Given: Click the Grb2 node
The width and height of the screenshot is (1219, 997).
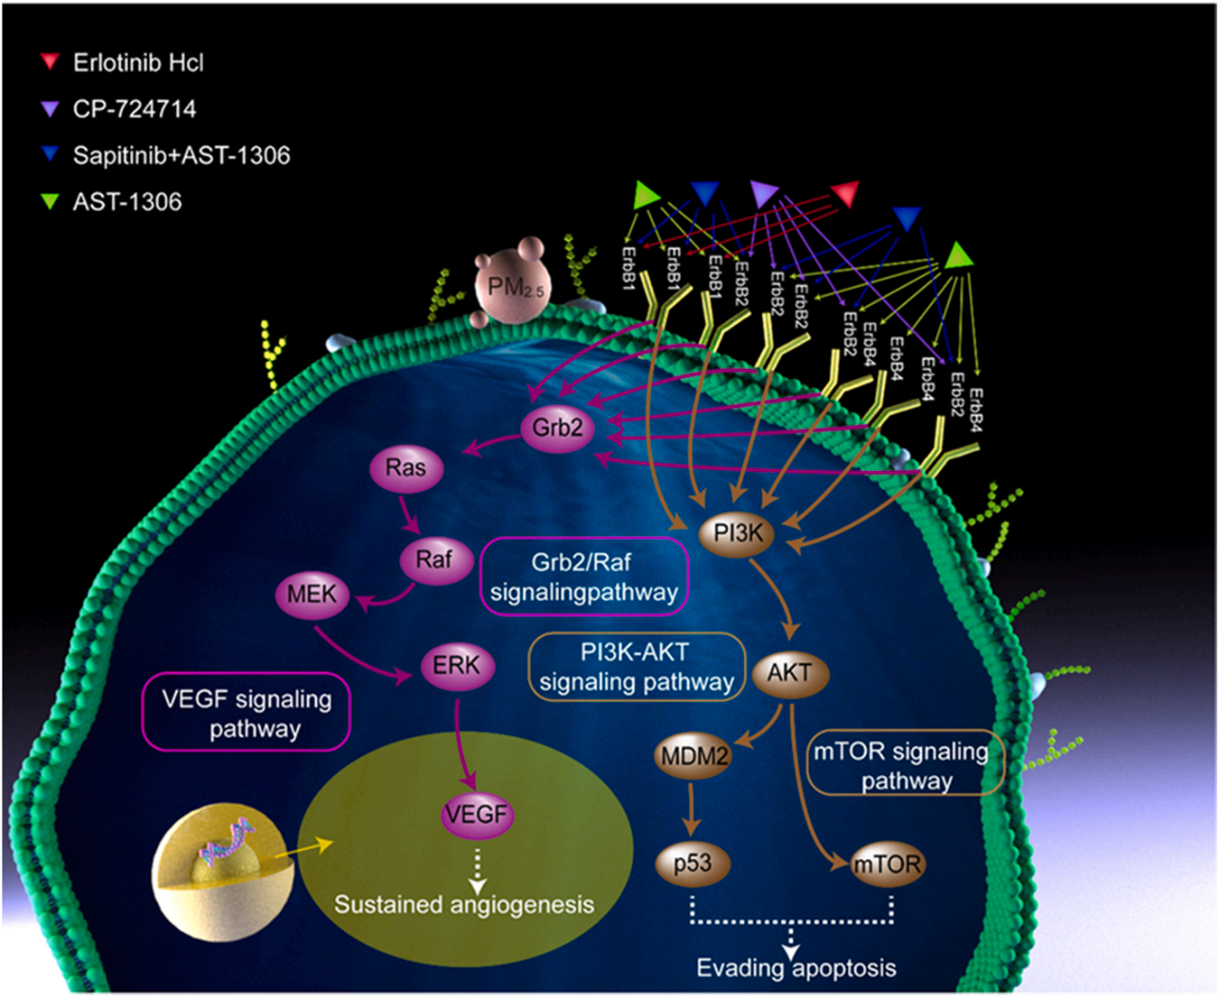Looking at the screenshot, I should coord(557,428).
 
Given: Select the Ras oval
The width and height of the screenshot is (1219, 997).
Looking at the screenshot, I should coord(406,468).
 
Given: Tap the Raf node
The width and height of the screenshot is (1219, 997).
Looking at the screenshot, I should coord(434,560).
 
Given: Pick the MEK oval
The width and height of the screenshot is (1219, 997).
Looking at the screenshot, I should coord(312,595).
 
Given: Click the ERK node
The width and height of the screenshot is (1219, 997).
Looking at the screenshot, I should coord(456,667).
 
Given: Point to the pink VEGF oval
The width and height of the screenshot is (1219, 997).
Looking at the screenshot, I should coord(476,815).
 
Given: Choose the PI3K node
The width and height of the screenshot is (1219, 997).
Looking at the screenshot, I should coord(738,533).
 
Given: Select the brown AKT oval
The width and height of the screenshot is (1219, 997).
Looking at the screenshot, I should coord(789,673).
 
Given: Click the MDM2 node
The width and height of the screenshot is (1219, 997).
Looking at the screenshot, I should coord(693,756).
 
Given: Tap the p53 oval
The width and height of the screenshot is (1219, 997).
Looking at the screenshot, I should coord(692,863).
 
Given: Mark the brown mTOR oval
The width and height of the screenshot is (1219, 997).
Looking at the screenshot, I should coord(888,864).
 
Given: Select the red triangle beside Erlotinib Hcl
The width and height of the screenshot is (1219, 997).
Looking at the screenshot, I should coord(50,61).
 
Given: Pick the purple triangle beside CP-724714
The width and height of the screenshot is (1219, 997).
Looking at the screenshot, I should coord(50,108).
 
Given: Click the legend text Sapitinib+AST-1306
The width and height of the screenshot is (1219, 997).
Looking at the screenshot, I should coord(181,155).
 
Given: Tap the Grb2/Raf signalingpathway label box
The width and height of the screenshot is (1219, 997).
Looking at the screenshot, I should coord(583,577).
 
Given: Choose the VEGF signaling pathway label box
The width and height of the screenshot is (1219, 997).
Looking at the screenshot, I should coord(247,713).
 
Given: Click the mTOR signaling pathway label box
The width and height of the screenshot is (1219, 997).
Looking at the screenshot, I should coord(905,764).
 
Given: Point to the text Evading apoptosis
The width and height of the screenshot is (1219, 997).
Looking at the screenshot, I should coord(796,968).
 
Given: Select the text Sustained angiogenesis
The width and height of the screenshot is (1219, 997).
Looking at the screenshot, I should coord(464,905).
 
